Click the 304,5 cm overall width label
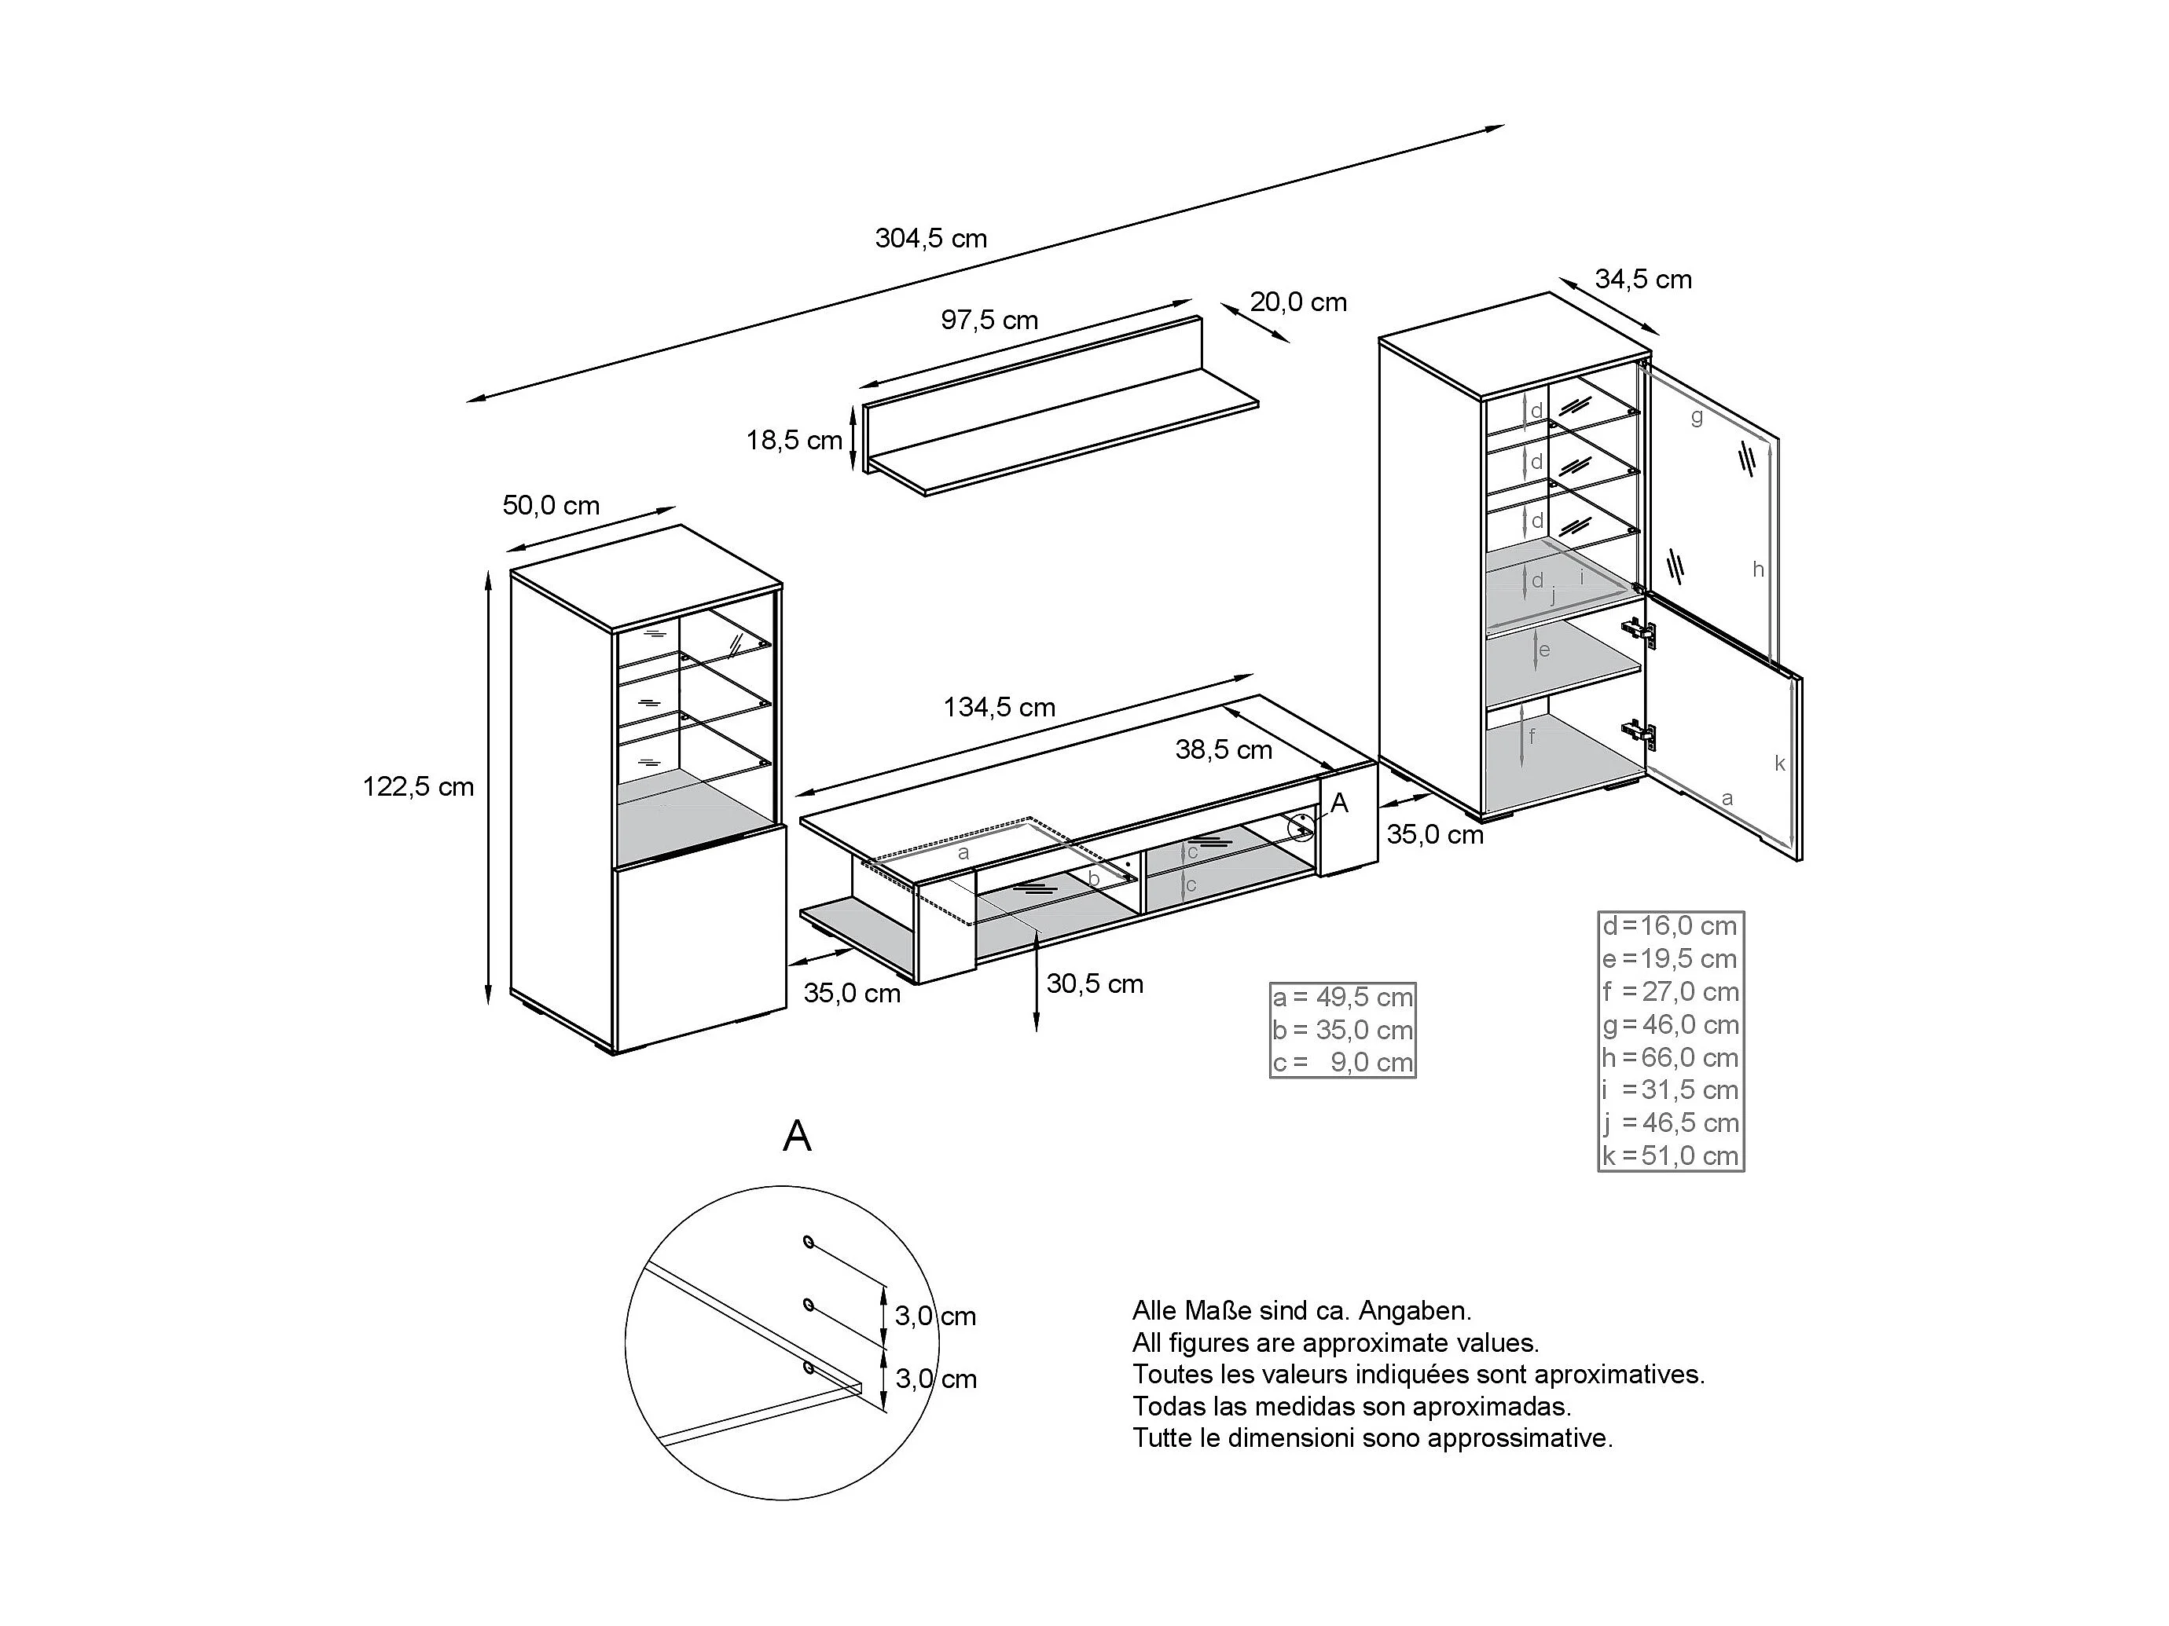pyautogui.click(x=930, y=238)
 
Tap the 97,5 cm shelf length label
pyautogui.click(x=989, y=320)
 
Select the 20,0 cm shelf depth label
pyautogui.click(x=1297, y=302)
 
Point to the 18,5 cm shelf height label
pyautogui.click(x=795, y=440)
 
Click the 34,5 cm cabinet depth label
pyautogui.click(x=1642, y=280)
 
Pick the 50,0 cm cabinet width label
pyautogui.click(x=551, y=506)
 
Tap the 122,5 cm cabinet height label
pyautogui.click(x=418, y=787)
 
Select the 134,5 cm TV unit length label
pyautogui.click(x=999, y=708)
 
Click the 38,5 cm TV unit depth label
pyautogui.click(x=1224, y=750)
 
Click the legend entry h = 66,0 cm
pyautogui.click(x=1670, y=1057)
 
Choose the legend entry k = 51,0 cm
pyautogui.click(x=1670, y=1155)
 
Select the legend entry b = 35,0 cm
pyautogui.click(x=1342, y=1030)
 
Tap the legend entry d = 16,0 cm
pyautogui.click(x=1670, y=926)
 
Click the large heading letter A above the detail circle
pyautogui.click(x=797, y=1136)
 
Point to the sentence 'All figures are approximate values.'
pyautogui.click(x=1335, y=1342)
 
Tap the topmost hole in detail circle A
pyautogui.click(x=808, y=1242)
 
